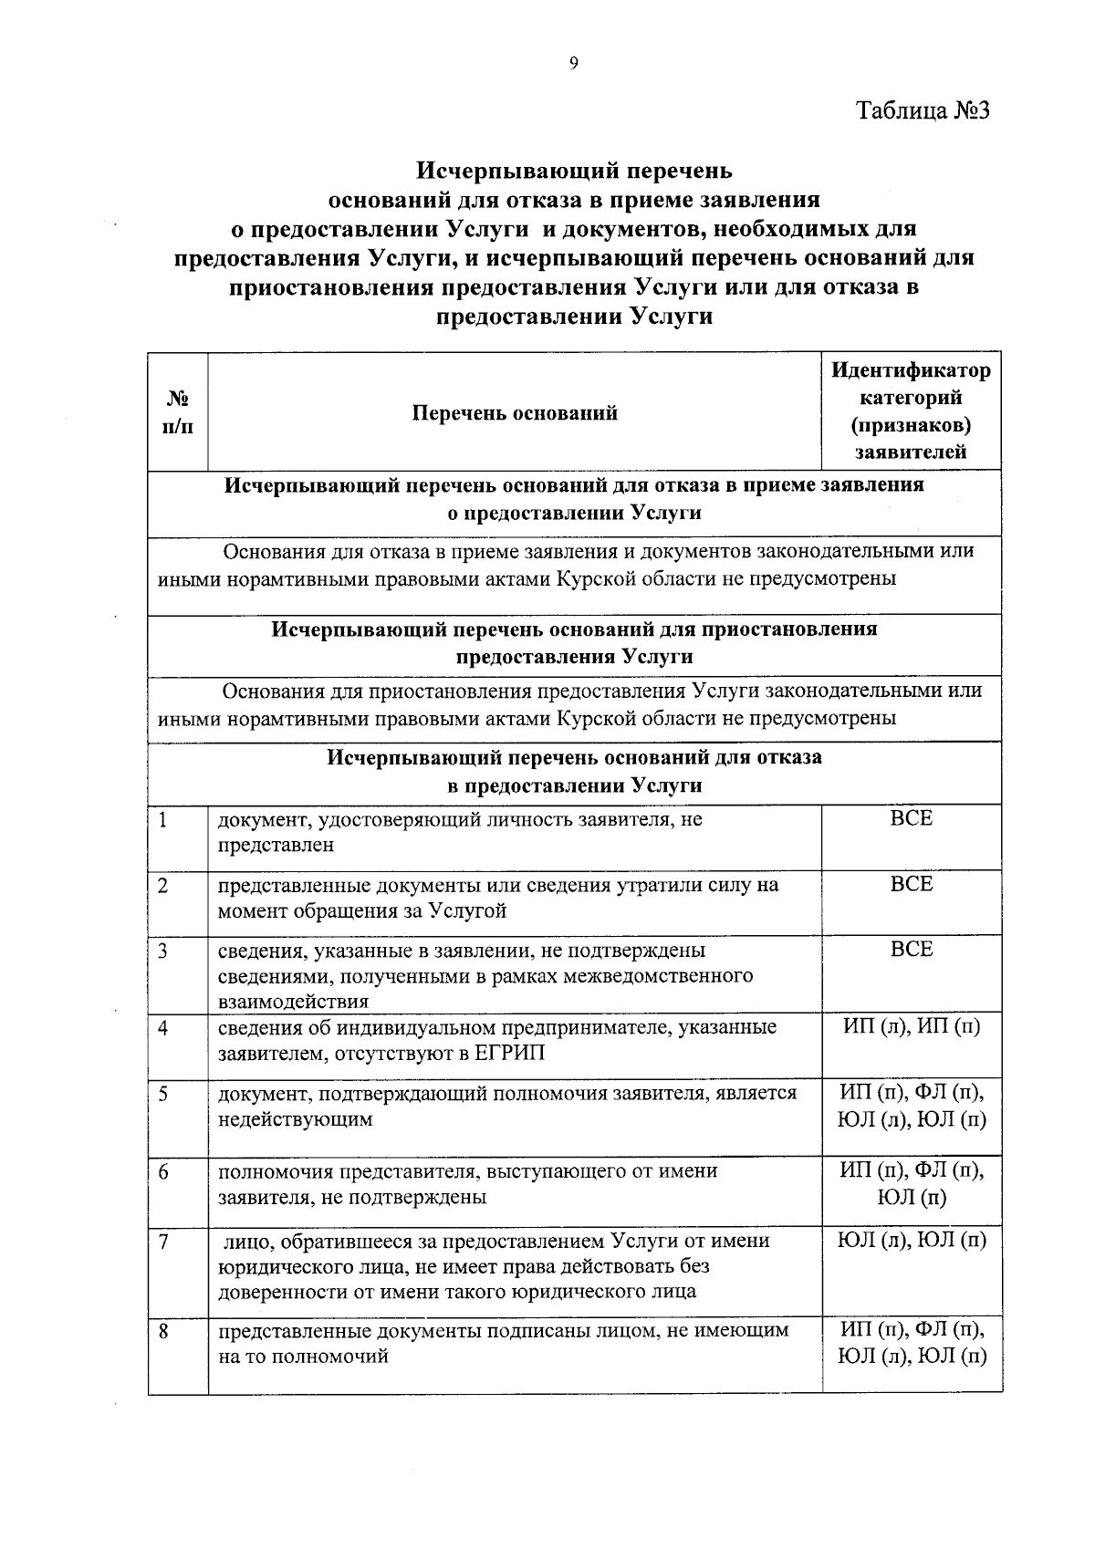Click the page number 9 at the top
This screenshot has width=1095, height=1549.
click(574, 63)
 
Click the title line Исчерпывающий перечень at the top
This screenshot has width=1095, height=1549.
click(574, 171)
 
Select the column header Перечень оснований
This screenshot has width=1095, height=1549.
click(515, 413)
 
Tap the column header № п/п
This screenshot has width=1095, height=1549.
click(178, 412)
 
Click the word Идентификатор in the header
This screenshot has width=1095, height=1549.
click(911, 370)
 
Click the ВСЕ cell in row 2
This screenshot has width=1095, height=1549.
click(912, 885)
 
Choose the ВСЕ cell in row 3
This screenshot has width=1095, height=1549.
click(912, 950)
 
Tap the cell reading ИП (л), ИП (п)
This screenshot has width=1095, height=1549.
click(912, 1027)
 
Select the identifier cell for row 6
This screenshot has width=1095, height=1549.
click(912, 1184)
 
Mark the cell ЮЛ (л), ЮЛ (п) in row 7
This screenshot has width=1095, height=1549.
click(912, 1241)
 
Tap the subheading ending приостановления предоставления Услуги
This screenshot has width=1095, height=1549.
click(574, 643)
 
